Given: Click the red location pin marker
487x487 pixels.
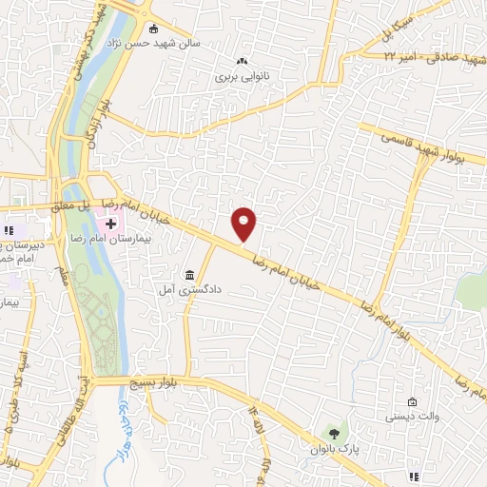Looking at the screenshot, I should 245,223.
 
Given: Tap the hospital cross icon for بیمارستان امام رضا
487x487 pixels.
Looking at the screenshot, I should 111,224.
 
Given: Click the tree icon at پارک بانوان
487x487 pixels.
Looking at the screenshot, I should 332,434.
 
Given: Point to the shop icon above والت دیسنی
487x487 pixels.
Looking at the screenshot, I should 411,401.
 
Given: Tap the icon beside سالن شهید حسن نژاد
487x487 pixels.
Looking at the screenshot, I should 154,28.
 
